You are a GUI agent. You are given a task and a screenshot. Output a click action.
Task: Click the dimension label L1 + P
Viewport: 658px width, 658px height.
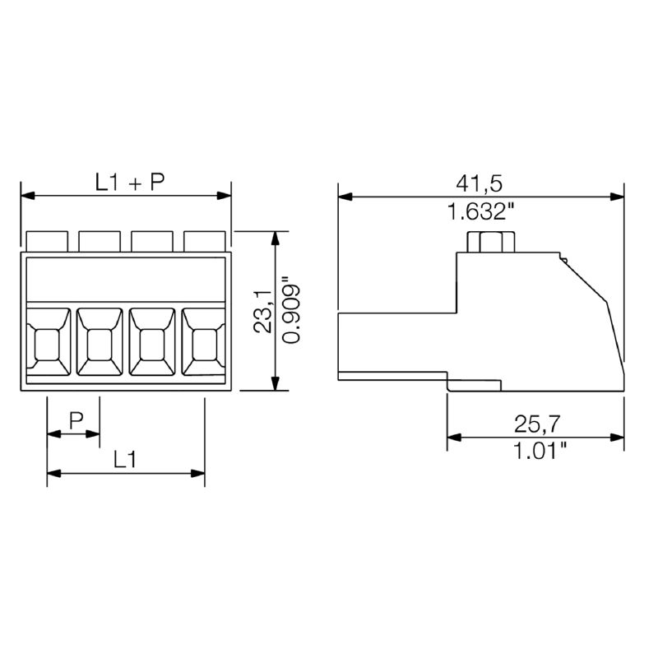pyautogui.click(x=130, y=183)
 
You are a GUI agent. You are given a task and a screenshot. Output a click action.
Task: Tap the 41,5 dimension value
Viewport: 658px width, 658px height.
pyautogui.click(x=479, y=183)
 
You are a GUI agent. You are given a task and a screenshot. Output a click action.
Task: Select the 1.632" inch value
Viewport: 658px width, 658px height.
pyautogui.click(x=481, y=211)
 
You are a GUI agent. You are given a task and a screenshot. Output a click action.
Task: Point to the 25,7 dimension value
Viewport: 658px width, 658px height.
pyautogui.click(x=537, y=424)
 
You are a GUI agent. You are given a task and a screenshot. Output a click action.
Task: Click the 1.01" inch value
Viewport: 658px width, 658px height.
pyautogui.click(x=540, y=451)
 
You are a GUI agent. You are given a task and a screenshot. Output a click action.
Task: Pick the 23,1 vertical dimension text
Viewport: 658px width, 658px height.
pyautogui.click(x=262, y=311)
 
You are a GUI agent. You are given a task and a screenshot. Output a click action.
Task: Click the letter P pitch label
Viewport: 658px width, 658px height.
pyautogui.click(x=76, y=420)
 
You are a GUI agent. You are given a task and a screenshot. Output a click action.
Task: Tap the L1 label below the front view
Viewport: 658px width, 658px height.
pyautogui.click(x=125, y=460)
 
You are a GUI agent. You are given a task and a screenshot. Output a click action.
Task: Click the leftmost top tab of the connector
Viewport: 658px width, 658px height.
pyautogui.click(x=47, y=241)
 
